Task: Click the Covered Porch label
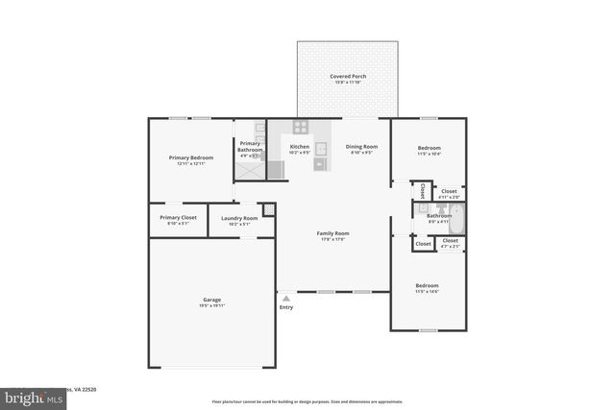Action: pos(348,76)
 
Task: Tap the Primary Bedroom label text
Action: pos(190,157)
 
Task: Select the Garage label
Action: pos(211,300)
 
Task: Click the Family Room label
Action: pos(333,233)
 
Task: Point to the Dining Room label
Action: pos(361,147)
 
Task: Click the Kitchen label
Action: pos(300,147)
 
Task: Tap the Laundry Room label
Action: pos(238,218)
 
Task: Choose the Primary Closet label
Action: pos(178,218)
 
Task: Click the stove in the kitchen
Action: pos(300,126)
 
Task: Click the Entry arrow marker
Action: pos(285,299)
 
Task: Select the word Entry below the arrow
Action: pos(285,307)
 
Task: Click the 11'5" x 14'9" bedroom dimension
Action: pos(428,291)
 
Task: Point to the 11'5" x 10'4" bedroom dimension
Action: pos(428,154)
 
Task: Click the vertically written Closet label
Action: pos(423,190)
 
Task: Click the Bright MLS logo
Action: pos(29,395)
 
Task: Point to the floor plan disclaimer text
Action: pos(307,401)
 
